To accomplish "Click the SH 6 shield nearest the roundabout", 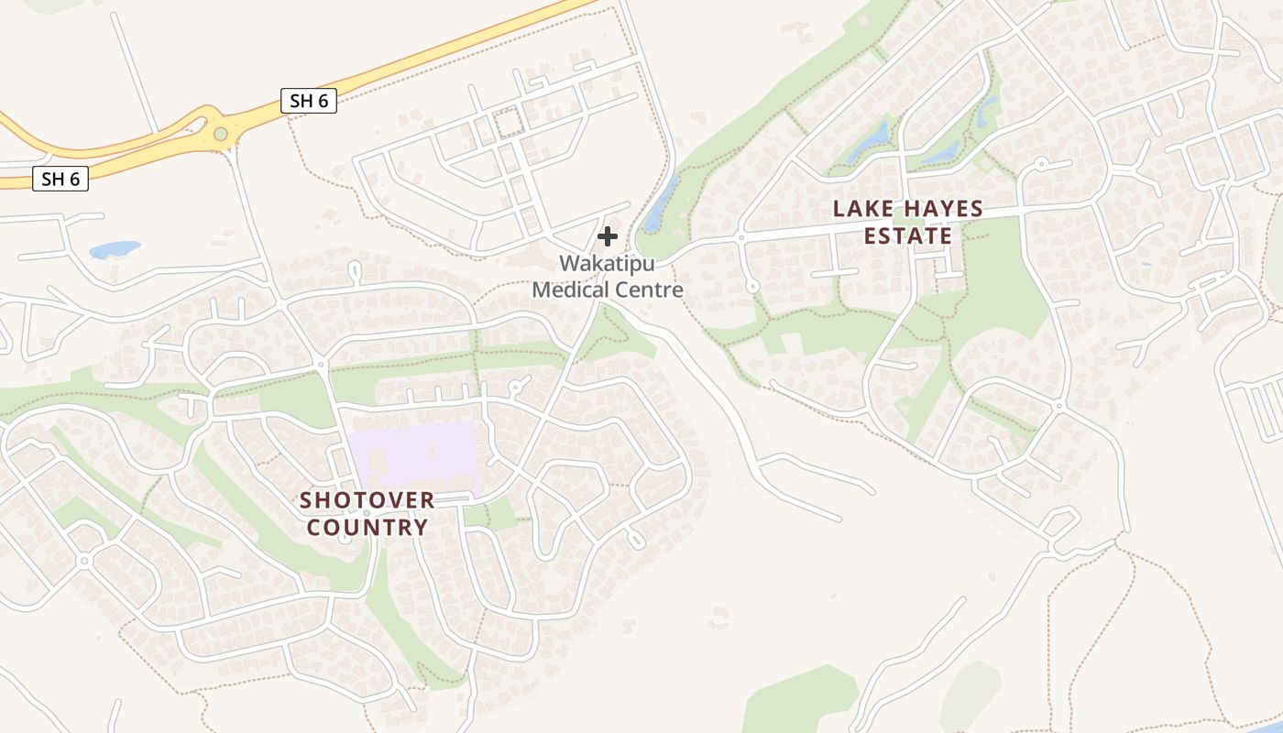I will tap(309, 101).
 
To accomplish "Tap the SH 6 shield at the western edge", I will tap(60, 179).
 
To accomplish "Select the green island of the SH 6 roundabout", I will tap(220, 134).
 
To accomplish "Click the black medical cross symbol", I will tap(607, 236).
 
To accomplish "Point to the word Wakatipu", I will tap(608, 263).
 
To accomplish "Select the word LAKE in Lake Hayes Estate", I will tap(862, 209).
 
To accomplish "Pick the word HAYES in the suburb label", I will tap(943, 209).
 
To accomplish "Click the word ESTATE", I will tap(908, 236).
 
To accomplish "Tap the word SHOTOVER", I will tap(367, 500).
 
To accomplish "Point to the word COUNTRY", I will tap(367, 528).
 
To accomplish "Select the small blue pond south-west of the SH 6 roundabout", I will tap(115, 249).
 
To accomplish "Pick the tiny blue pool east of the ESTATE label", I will tap(1146, 264).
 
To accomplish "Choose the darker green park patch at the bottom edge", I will tap(797, 701).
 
